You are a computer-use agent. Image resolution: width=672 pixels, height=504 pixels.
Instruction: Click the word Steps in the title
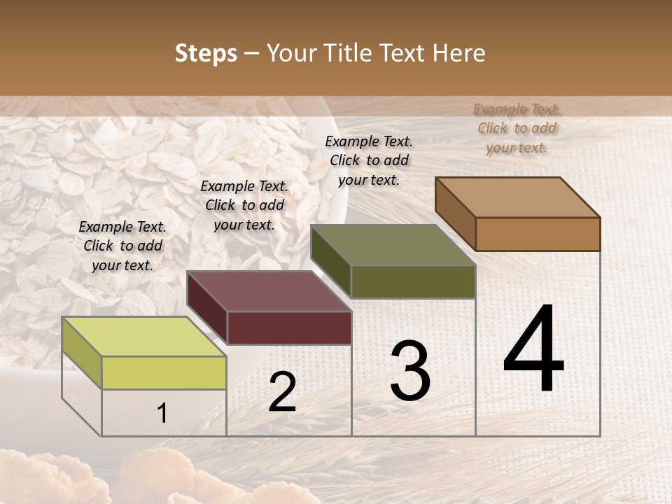(206, 53)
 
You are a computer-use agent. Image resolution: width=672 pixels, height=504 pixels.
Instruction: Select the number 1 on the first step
(162, 413)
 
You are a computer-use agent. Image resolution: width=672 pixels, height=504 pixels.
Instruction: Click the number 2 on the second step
(282, 392)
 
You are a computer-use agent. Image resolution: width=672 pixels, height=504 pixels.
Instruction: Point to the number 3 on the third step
(410, 371)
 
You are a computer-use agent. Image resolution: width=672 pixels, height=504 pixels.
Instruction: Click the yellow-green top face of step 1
(143, 337)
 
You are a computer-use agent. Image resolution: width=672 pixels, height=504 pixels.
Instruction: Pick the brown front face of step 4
(538, 234)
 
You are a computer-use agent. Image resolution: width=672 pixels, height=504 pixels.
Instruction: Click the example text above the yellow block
(122, 246)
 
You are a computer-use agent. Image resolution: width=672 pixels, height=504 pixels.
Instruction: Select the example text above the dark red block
(244, 206)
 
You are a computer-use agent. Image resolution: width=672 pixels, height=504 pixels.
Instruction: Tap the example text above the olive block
(369, 160)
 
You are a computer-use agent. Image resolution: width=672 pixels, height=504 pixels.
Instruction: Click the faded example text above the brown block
(517, 129)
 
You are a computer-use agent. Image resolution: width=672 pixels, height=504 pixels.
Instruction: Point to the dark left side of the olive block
(330, 260)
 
